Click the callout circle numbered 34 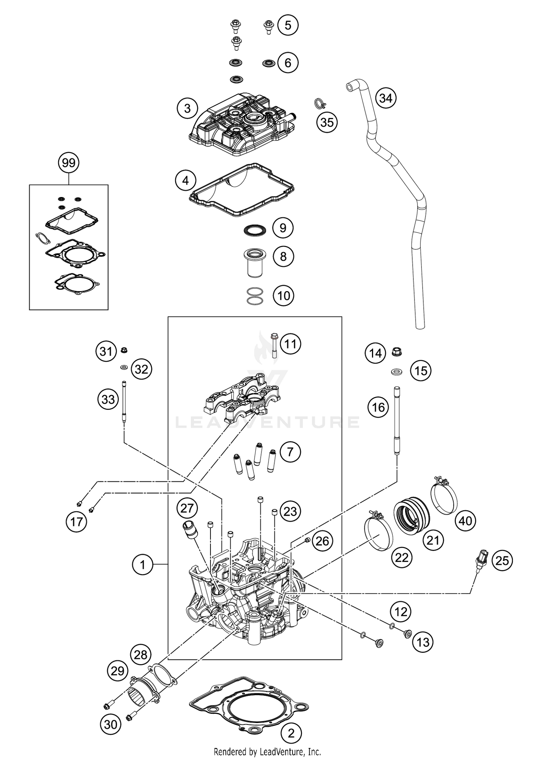(x=386, y=98)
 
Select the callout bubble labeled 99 (x=68, y=163)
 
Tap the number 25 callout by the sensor (x=502, y=561)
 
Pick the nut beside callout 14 (x=397, y=352)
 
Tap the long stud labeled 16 (x=397, y=420)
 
